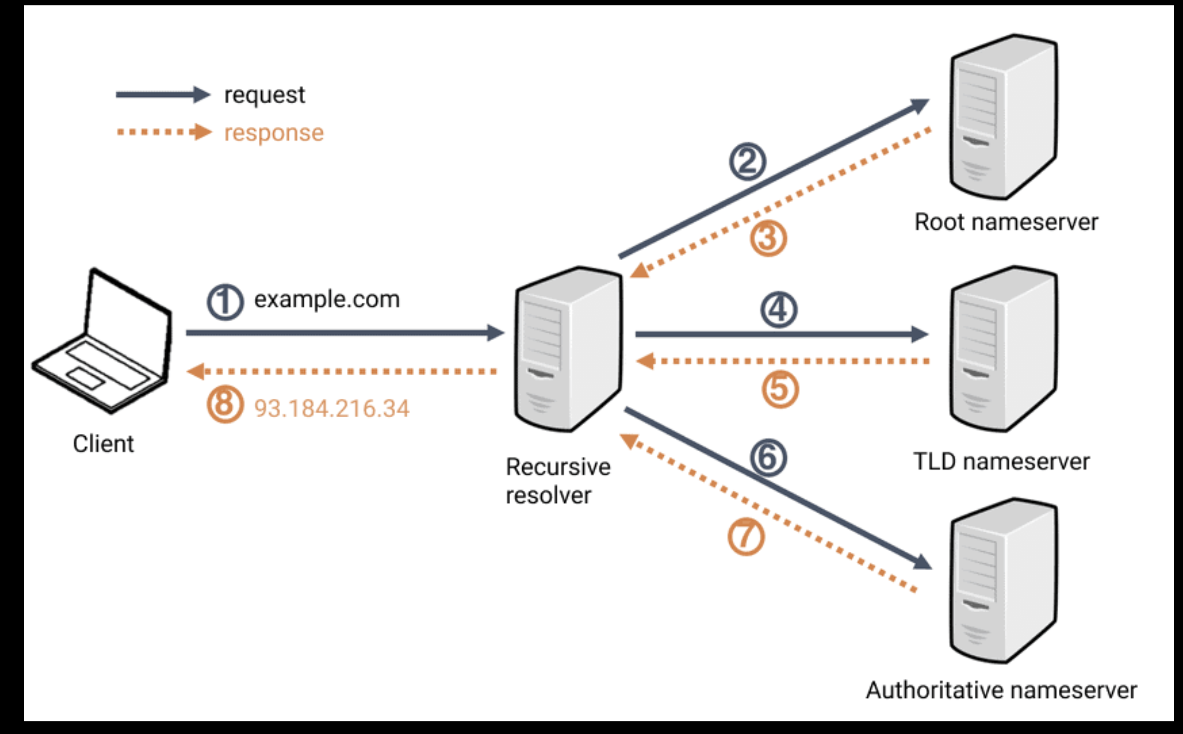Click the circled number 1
pos(225,302)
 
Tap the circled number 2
pos(747,162)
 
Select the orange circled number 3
pos(768,238)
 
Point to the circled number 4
pos(779,310)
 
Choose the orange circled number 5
pos(781,389)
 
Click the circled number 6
pos(768,458)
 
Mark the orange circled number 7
pos(746,537)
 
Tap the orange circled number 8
pos(225,405)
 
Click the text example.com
pos(327,300)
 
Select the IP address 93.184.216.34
pos(332,408)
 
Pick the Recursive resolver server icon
pos(569,349)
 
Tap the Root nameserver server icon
pos(1004,117)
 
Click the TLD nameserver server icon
pos(1004,349)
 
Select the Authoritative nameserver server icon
pos(1004,580)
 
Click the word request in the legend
pos(265,95)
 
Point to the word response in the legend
pos(274,133)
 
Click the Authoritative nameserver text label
pos(1001,690)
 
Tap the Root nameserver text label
pos(1006,222)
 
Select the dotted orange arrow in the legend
pos(164,132)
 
